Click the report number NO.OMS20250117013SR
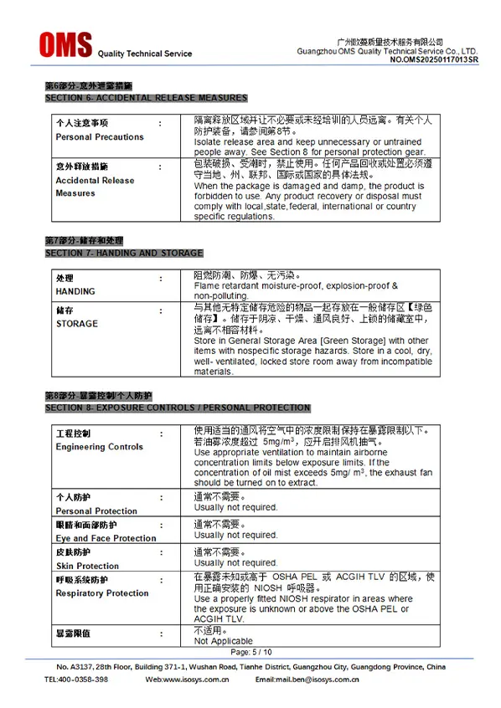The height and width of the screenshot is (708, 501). point(434,60)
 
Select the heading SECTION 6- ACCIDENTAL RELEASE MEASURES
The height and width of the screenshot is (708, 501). point(146,98)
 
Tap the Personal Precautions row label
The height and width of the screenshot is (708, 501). point(100,137)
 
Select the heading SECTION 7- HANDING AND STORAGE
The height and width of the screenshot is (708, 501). point(124,253)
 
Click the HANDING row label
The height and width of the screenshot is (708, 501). point(75,291)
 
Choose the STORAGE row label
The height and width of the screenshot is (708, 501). point(76,324)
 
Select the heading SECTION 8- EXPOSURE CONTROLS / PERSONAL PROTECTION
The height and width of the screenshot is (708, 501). point(178,408)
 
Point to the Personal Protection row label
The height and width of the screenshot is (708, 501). point(96,510)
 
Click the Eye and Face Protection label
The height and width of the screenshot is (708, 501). point(106,538)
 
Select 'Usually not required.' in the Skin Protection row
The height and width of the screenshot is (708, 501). point(235,562)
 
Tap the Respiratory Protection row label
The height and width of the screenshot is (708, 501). point(102,593)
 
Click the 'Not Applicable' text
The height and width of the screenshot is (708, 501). point(223,641)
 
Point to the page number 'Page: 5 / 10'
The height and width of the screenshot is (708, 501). point(251,652)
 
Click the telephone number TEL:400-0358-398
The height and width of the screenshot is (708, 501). point(76,680)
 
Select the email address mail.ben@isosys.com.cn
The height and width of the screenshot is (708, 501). point(329,680)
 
